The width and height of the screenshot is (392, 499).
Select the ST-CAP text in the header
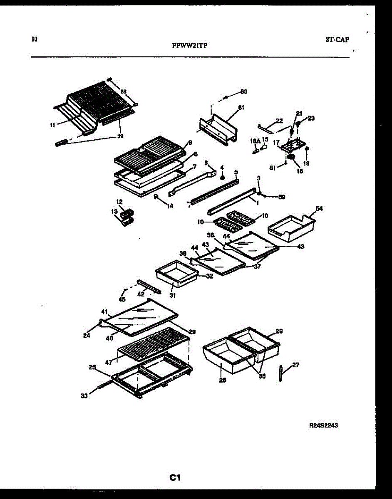[337, 40]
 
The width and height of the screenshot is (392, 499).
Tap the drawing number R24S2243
[323, 425]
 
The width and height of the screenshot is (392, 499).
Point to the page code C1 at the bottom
[174, 478]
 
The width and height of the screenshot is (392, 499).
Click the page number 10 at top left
[34, 40]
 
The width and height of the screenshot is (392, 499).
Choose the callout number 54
[319, 208]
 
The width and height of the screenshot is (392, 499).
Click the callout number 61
[241, 108]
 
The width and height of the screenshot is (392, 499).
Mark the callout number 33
[84, 396]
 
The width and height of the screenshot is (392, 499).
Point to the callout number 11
[52, 124]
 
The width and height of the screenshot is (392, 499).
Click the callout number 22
[279, 121]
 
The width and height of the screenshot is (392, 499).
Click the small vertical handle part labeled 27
[281, 373]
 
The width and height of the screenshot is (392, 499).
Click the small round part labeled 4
[222, 178]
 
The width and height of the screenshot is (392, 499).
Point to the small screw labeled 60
[225, 98]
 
